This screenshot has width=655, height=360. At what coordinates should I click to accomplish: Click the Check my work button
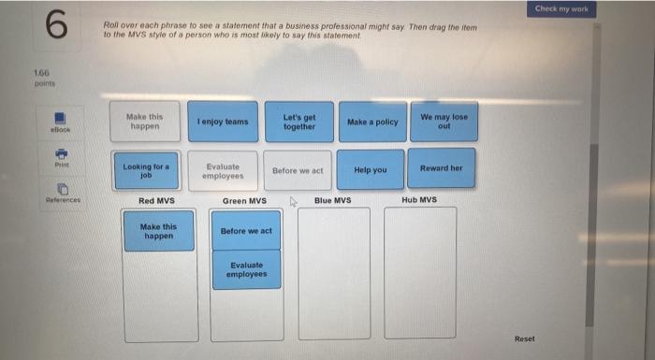click(x=561, y=9)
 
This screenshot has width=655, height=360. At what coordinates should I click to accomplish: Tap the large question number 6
click(x=56, y=26)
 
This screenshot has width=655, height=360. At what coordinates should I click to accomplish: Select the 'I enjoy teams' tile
click(x=223, y=122)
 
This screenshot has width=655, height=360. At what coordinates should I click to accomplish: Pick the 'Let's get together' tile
click(x=298, y=122)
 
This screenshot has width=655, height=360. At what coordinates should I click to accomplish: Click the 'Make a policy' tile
click(x=372, y=122)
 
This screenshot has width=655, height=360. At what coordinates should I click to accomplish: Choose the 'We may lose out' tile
click(x=443, y=122)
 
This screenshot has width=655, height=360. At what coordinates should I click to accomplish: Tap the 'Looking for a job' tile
click(x=145, y=170)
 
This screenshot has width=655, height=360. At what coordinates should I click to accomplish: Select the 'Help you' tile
click(x=371, y=170)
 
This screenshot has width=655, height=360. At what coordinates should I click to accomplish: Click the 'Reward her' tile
click(x=442, y=169)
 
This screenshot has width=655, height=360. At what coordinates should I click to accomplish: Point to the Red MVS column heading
click(x=156, y=200)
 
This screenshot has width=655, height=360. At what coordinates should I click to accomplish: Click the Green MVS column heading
click(x=244, y=200)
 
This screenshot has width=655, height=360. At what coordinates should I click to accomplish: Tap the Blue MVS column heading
click(x=332, y=200)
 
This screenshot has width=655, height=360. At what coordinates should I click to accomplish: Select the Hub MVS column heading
click(x=419, y=200)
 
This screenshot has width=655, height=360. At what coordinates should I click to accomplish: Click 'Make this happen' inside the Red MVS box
click(x=159, y=230)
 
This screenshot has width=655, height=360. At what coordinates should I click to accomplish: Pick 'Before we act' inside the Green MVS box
click(x=246, y=231)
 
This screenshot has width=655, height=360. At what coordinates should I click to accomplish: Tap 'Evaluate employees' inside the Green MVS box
click(x=246, y=269)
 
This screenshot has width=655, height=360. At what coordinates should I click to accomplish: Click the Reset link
click(x=525, y=338)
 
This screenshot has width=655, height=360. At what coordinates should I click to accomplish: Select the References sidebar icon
click(x=62, y=192)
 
